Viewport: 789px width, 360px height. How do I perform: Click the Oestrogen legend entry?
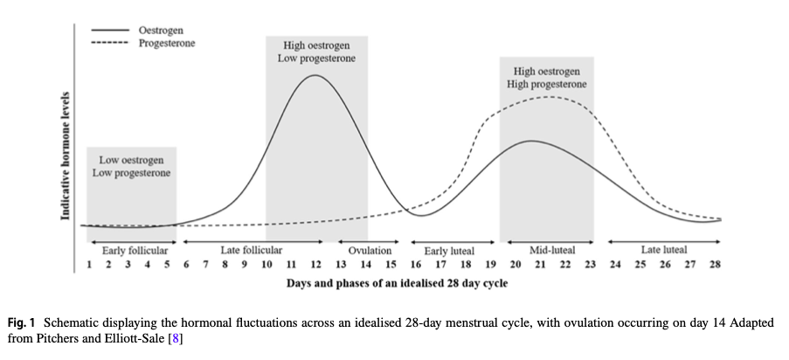point(137,31)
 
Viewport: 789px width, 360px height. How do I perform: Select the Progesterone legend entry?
point(143,44)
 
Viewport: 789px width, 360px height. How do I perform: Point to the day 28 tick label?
point(715,265)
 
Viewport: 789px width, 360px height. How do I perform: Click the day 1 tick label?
point(89,265)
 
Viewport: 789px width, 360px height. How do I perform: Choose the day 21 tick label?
point(540,265)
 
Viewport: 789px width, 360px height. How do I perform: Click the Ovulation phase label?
point(370,250)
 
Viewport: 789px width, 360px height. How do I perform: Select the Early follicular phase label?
point(135,250)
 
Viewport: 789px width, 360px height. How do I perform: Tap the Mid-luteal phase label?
point(552,250)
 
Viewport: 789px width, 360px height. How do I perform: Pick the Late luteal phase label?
point(664,250)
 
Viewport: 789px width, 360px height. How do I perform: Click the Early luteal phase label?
point(449,251)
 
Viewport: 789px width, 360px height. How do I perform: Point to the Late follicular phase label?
point(251,250)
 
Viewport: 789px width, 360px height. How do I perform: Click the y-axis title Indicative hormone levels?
point(65,156)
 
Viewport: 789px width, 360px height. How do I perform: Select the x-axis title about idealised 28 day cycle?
point(397,283)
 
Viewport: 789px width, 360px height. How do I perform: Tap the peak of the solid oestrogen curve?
point(315,75)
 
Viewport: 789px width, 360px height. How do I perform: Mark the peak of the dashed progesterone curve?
point(548,97)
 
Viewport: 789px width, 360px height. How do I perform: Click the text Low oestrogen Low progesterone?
point(131,167)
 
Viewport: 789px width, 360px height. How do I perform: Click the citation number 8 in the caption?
point(176,338)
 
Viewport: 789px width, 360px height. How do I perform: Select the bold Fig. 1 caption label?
point(22,322)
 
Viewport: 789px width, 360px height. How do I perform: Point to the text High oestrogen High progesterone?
point(546,78)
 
